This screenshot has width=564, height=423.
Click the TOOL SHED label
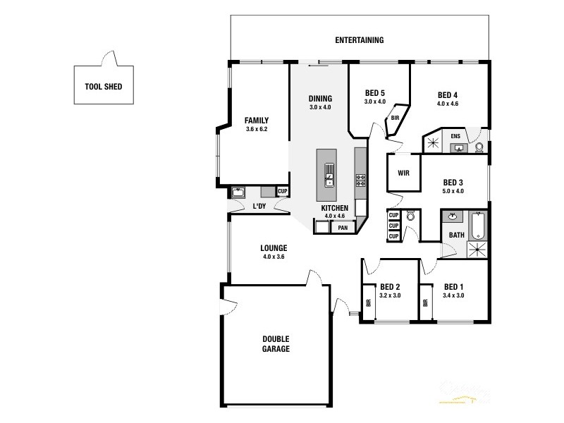tap(104, 87)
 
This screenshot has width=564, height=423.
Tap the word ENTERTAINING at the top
tap(360, 40)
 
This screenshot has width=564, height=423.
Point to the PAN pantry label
tap(343, 228)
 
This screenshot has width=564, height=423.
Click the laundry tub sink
tap(238, 192)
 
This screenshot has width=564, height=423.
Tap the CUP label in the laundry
tap(282, 191)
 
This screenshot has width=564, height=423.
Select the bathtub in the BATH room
tap(479, 225)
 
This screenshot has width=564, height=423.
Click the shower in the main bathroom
tap(477, 247)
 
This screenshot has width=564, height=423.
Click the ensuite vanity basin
tap(458, 147)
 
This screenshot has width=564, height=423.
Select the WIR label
tap(404, 172)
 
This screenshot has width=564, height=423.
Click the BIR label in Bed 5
tap(396, 118)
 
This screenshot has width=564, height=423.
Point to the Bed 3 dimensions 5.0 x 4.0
tap(453, 190)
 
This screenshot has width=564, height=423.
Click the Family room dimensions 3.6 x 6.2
tap(256, 129)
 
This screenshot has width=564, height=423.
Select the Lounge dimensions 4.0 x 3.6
tap(273, 257)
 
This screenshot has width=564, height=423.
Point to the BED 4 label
tap(448, 95)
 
